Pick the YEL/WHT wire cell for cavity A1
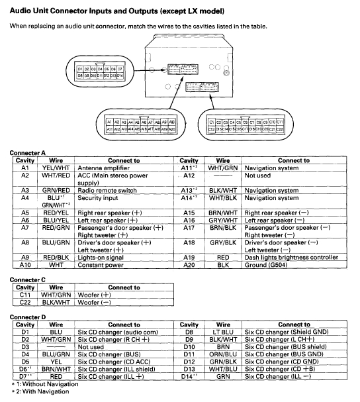coord(56,168)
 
